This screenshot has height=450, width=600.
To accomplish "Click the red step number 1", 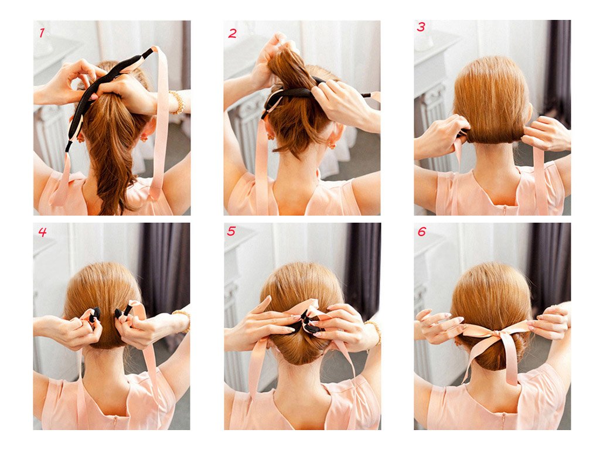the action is tap(42, 33).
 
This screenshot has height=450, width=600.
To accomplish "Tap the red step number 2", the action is tap(232, 33).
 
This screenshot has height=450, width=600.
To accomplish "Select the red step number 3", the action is tap(421, 27).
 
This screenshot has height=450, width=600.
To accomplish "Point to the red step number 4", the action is tap(42, 232).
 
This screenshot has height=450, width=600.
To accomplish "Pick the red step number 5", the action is tap(231, 231).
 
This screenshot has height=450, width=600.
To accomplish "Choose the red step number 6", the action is tap(422, 231).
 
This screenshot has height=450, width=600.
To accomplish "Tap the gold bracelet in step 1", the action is tap(178, 102).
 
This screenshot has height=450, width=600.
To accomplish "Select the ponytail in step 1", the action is tap(111, 153).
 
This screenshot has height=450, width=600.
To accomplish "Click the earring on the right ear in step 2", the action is tap(332, 146).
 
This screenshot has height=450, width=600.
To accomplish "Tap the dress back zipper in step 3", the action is tap(504, 210).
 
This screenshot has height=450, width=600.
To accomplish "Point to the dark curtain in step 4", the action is tap(165, 268).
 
